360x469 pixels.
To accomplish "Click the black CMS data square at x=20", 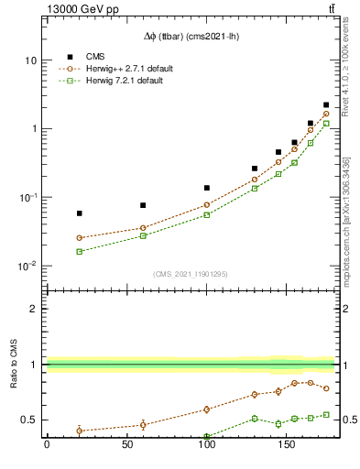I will click(x=79, y=213).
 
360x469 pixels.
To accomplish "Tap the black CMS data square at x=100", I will click(x=207, y=188).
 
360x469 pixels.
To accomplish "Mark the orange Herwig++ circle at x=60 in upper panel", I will click(x=143, y=228).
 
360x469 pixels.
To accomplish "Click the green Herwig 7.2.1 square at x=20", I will click(x=79, y=251).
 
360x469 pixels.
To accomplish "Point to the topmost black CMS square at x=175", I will click(x=326, y=105).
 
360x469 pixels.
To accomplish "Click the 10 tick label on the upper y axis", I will click(x=30, y=60).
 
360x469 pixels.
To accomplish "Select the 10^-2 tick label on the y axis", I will click(x=27, y=267).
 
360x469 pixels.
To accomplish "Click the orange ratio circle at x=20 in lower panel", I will click(x=79, y=430).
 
